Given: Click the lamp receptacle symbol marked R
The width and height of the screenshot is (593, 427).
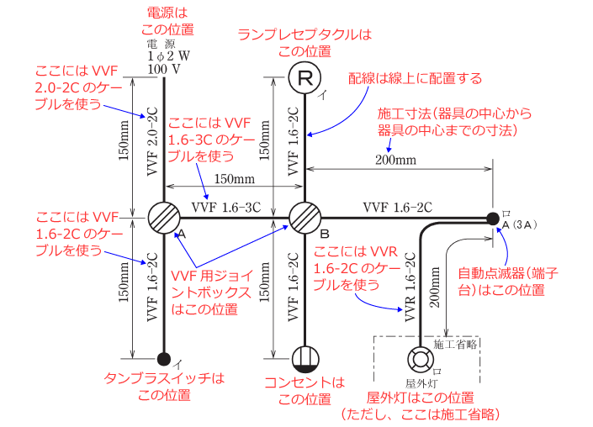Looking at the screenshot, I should (x=305, y=79).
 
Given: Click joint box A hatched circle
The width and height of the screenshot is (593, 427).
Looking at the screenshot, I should (x=164, y=219).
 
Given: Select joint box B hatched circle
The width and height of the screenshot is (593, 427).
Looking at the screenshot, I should (x=305, y=219).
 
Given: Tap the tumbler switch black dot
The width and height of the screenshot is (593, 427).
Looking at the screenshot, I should (x=164, y=360).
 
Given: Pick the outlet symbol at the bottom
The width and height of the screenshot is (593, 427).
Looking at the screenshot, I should (x=305, y=359).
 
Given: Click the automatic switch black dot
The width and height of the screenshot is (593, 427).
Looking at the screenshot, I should (x=492, y=219).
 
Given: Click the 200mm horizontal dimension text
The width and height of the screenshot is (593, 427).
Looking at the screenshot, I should (x=396, y=159).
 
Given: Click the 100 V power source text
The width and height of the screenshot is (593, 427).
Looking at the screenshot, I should (x=164, y=67).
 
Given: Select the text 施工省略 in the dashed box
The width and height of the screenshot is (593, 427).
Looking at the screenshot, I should (x=456, y=344).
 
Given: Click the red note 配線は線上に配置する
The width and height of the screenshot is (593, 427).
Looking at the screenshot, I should (x=416, y=79).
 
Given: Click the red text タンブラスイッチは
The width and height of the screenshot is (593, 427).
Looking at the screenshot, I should (x=164, y=379).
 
